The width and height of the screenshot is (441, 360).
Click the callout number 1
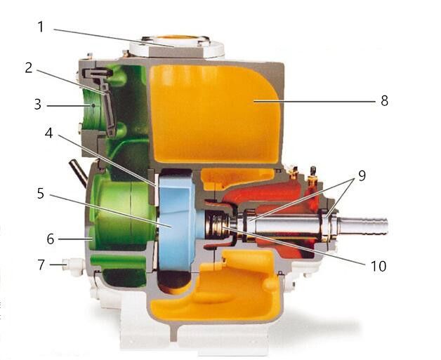(41, 27)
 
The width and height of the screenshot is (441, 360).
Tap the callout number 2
(29, 68)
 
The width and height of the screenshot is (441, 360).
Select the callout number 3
(38, 105)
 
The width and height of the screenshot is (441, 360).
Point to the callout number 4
(49, 133)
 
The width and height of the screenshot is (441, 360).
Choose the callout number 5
(41, 194)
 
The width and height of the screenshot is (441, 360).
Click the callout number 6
(51, 239)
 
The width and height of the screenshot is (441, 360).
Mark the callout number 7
(41, 265)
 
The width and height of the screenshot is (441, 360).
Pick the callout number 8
(384, 100)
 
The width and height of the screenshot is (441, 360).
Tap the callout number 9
(362, 175)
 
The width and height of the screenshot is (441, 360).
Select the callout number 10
(379, 266)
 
